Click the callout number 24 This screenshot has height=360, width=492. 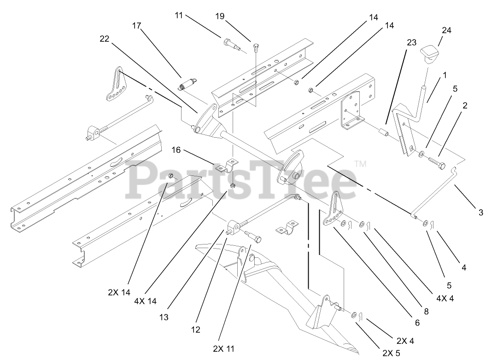433,30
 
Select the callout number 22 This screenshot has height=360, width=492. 104,39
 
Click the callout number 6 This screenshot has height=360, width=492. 417,323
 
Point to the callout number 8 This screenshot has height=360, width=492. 427,312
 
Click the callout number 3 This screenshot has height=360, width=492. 481,213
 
